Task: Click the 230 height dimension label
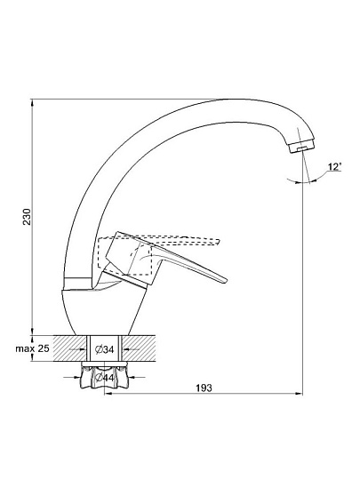tap(28, 217)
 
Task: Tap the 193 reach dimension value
tap(204, 388)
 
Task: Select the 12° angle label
tap(334, 167)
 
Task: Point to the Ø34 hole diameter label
tap(104, 349)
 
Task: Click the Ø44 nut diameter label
tap(104, 378)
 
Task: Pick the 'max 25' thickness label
tap(33, 348)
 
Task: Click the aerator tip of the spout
tap(301, 148)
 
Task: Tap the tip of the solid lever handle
tap(226, 280)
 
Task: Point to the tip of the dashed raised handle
tap(219, 242)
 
